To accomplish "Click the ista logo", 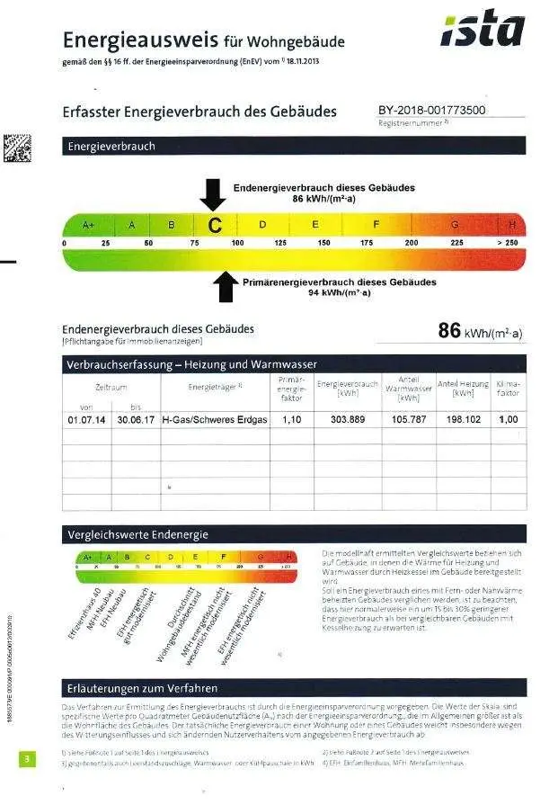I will pyautogui.click(x=483, y=31).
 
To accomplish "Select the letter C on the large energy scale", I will pyautogui.click(x=215, y=225).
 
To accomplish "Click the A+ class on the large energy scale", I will pyautogui.click(x=88, y=224).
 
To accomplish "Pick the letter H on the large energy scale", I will pyautogui.click(x=512, y=224).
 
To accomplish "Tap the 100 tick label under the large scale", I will pyautogui.click(x=237, y=243).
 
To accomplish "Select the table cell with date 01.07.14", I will pyautogui.click(x=86, y=420).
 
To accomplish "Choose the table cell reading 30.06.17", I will pyautogui.click(x=136, y=420).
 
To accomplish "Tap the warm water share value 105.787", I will pyautogui.click(x=409, y=420).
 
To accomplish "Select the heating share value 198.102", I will pyautogui.click(x=463, y=420).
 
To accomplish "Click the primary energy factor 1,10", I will pyautogui.click(x=291, y=420).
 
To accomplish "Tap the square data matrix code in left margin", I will pyautogui.click(x=17, y=148).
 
